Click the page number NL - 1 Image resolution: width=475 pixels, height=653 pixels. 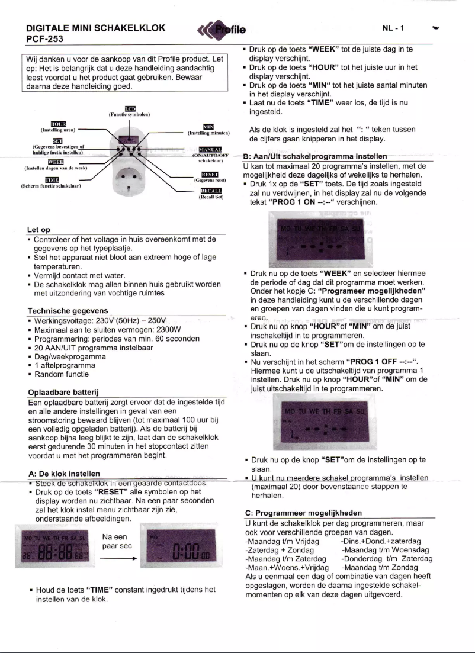pos(394,28)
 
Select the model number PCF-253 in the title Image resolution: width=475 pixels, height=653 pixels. pos(46,39)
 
